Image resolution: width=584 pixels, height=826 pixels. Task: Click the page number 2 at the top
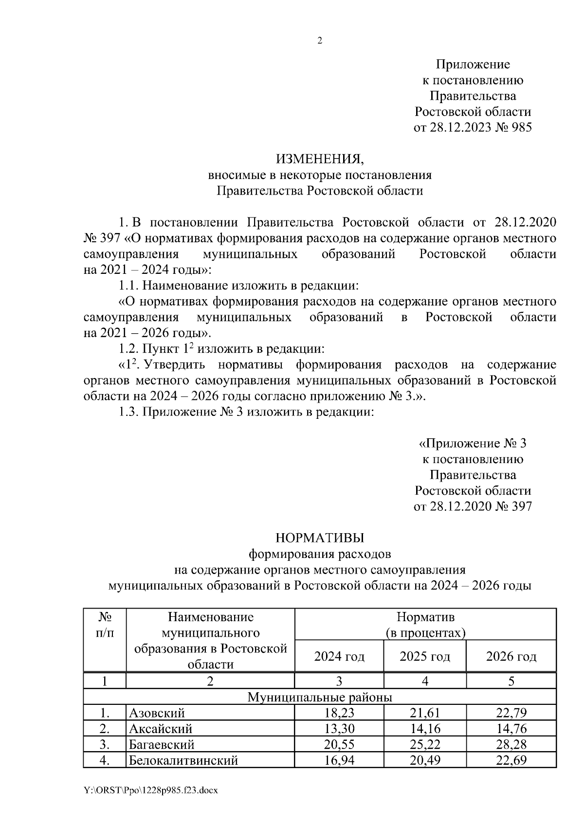point(320,41)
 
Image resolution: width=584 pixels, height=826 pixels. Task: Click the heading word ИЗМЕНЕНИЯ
point(319,159)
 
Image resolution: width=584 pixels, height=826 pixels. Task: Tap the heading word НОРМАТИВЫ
point(319,538)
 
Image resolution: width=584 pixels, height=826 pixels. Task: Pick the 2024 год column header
point(339,657)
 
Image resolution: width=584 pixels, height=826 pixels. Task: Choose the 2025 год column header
point(424,657)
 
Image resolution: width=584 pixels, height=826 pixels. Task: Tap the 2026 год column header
point(511,657)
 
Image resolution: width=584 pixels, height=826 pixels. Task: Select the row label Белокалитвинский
point(183,760)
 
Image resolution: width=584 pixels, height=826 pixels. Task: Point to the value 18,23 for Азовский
point(339,714)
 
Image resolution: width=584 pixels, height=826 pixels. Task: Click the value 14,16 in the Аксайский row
point(424,729)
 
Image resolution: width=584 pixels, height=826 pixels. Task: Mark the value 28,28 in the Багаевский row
point(511,745)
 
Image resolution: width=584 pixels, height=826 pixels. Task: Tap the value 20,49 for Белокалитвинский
point(424,760)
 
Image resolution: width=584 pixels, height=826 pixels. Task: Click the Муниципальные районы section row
point(320,698)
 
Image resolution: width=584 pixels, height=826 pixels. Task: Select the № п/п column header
point(105,625)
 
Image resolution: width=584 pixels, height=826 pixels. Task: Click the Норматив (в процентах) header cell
point(425,625)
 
